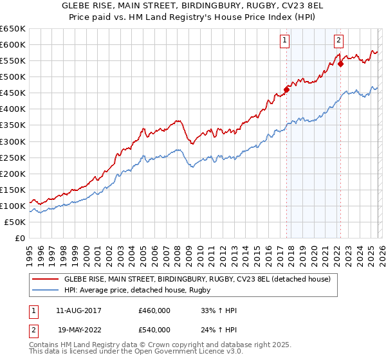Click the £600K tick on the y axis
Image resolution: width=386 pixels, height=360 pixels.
tap(13, 44)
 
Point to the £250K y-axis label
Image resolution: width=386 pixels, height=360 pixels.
tap(13, 157)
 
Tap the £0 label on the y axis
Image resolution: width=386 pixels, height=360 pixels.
tap(19, 238)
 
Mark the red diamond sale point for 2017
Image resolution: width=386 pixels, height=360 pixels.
tap(287, 89)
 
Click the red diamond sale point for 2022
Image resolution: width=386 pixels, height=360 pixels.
tap(341, 64)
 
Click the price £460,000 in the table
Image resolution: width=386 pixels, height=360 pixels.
tap(154, 310)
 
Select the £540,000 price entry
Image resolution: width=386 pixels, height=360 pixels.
tap(154, 330)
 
